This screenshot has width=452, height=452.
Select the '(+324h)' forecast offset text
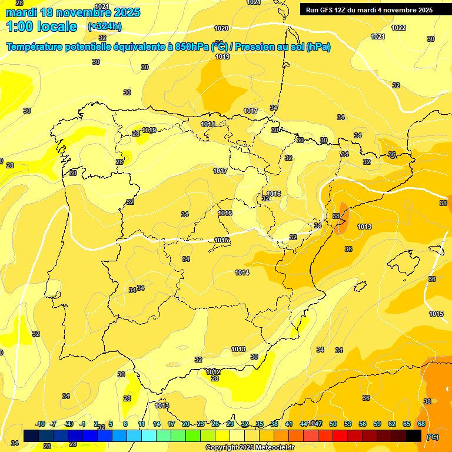[x=104, y=26]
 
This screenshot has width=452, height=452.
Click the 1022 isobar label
[x=398, y=28]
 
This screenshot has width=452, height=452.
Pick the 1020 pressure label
[x=221, y=28]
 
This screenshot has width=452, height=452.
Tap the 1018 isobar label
[x=208, y=124]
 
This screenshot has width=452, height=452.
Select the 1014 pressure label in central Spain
[x=242, y=272]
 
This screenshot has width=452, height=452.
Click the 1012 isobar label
[x=213, y=372]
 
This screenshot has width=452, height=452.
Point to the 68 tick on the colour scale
[x=421, y=424]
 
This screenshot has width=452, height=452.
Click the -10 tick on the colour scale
[x=41, y=424]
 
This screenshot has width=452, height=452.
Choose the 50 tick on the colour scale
[x=333, y=424]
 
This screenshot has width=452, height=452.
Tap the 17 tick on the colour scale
[x=171, y=424]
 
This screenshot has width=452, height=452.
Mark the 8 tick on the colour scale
[x=125, y=424]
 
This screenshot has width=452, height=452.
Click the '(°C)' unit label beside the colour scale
[x=432, y=436]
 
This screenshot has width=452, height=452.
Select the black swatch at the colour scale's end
[x=414, y=436]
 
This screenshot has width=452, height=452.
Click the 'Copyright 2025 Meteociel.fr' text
[x=250, y=447]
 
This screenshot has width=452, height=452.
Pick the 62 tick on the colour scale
[x=392, y=424]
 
